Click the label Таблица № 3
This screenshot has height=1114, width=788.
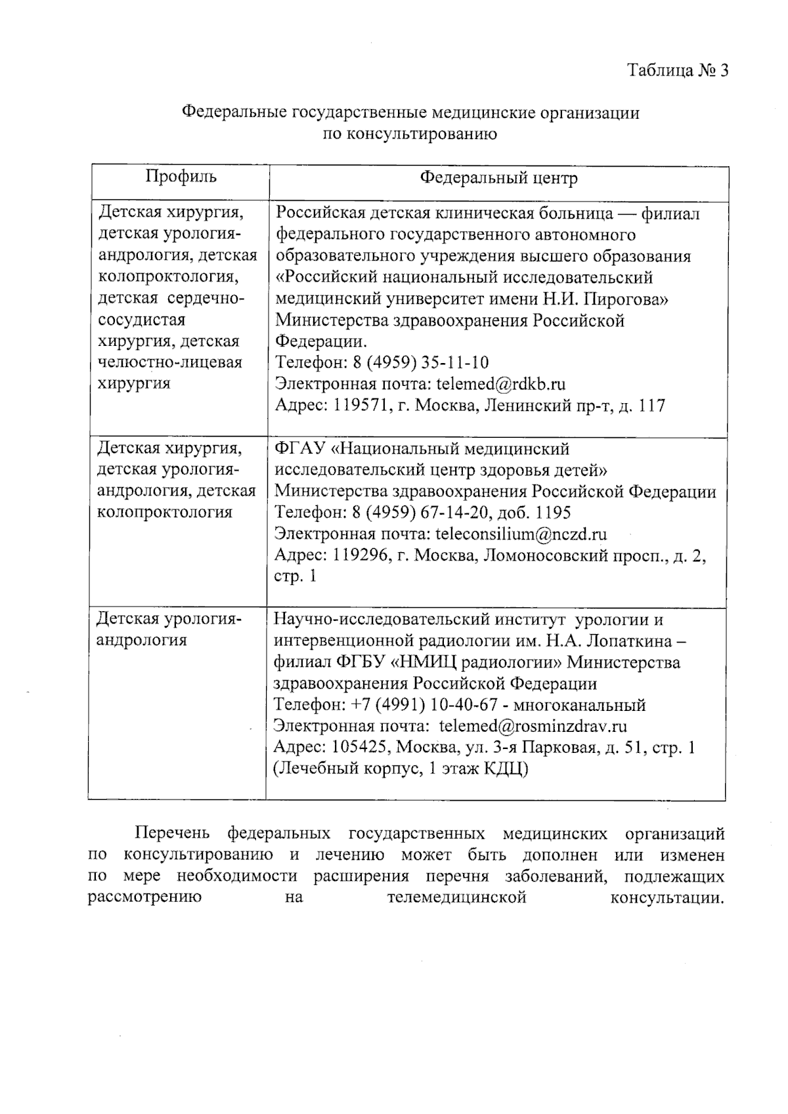click(x=678, y=70)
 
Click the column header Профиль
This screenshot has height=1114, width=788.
click(x=181, y=176)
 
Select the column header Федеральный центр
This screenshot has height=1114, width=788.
click(x=498, y=178)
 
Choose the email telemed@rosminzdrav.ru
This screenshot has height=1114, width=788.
click(x=533, y=726)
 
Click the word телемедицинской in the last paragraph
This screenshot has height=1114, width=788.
click(x=456, y=897)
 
